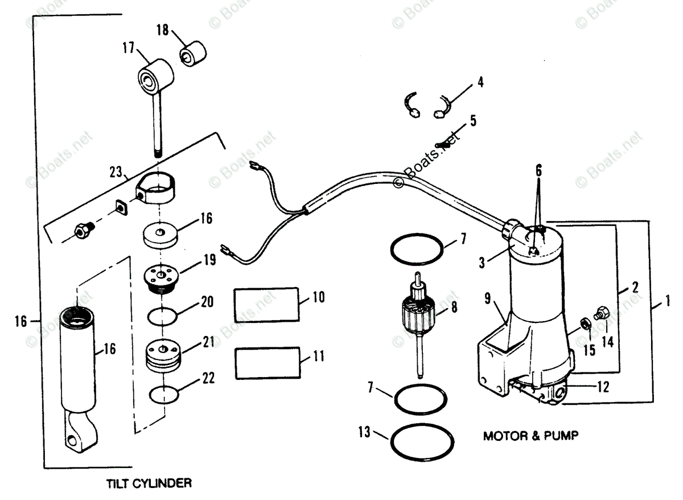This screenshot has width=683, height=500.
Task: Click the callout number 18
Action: [163, 30]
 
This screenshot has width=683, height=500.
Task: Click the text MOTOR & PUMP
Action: [530, 437]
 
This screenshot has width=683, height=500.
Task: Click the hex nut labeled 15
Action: [585, 326]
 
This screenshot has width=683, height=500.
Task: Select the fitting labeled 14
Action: [602, 312]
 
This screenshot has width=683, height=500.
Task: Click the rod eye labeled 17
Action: [155, 77]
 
